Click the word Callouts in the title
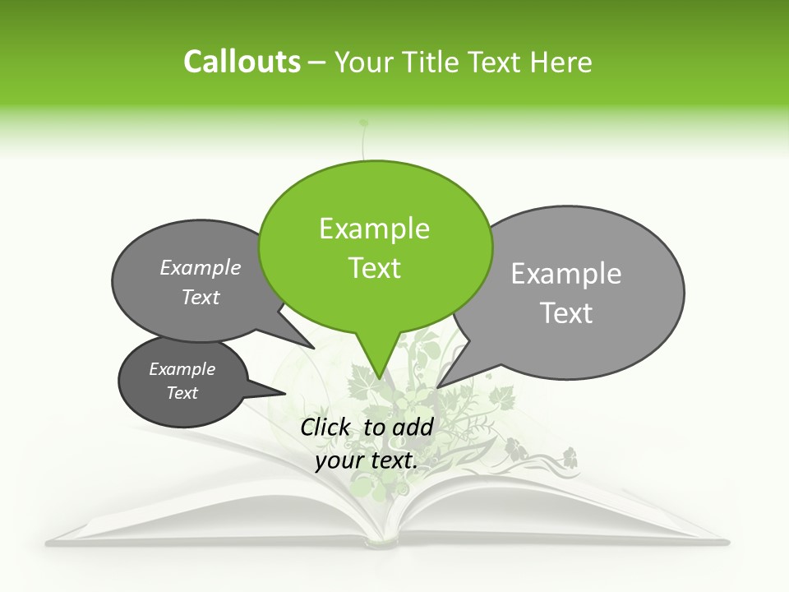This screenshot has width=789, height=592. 242,62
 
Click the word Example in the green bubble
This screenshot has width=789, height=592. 375,229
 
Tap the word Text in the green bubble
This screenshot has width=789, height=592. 375,268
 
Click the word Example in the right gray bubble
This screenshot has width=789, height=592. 566,274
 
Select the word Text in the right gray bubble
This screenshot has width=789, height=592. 566,313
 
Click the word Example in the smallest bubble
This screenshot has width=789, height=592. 182,369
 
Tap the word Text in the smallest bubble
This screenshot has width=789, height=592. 182,393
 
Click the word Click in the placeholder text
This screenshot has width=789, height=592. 327,427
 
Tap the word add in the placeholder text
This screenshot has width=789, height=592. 413,427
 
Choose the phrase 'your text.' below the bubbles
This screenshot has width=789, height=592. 367,460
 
